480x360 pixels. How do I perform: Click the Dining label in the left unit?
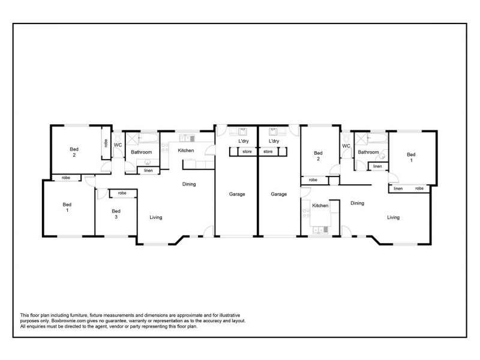(189, 184)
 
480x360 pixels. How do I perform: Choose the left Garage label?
(236, 194)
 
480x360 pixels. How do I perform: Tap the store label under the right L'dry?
(268, 152)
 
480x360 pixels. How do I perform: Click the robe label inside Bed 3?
(122, 193)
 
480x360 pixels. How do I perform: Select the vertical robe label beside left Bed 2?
(106, 143)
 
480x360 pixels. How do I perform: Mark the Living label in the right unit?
(394, 217)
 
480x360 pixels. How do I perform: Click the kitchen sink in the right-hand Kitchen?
(318, 228)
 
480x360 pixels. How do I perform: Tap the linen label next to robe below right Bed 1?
(398, 189)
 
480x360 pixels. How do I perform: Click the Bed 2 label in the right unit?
(319, 156)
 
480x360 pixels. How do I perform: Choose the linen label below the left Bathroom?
(148, 171)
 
